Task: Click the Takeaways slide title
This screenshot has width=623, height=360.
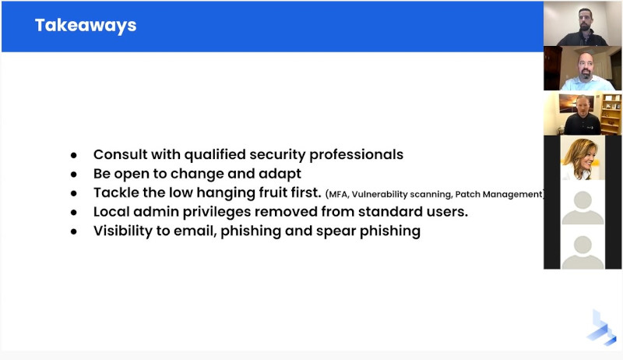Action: [86, 26]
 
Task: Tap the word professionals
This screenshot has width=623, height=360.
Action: [357, 155]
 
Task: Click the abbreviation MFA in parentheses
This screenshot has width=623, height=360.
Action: [338, 195]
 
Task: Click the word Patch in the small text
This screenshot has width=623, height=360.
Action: [467, 194]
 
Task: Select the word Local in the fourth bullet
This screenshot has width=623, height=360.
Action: [111, 211]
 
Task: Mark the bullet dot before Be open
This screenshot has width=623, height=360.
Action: [74, 175]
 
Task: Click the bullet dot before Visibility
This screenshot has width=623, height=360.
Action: [74, 231]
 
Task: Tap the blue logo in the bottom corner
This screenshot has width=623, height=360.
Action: [601, 328]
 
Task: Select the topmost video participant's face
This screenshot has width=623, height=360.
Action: [585, 19]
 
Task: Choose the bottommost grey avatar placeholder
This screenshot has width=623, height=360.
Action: [583, 252]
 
